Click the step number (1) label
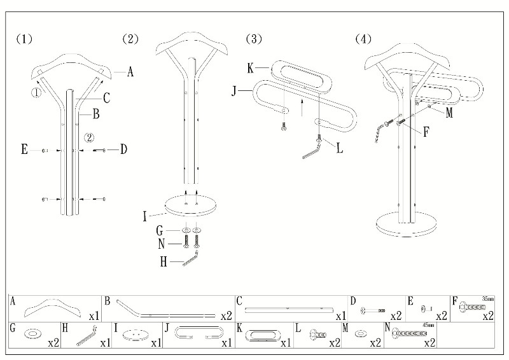coord(24,39)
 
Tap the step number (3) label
coord(253,39)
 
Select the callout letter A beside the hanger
coord(130,73)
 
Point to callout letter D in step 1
coord(123,149)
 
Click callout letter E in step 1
coord(24,150)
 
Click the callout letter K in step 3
coord(251,67)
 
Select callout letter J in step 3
coord(234,92)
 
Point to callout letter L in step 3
coord(339,149)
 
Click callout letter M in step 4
coord(449,113)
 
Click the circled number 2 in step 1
coord(90,137)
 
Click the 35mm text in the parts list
coord(488,298)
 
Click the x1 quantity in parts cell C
coord(340,315)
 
